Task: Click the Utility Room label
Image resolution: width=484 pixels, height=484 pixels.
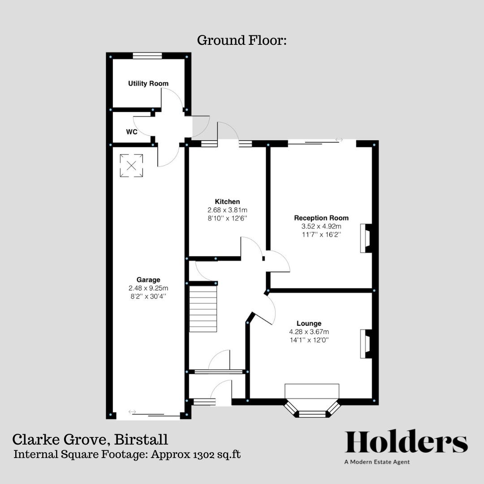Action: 148,83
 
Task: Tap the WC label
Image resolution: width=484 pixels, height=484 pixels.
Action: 131,132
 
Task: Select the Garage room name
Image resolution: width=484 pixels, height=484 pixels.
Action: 148,280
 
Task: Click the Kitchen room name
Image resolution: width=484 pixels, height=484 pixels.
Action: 227,202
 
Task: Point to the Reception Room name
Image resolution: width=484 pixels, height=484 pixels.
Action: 321,218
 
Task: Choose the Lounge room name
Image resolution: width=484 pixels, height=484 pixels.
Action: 309,323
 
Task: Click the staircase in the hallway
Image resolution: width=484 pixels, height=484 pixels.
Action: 203,309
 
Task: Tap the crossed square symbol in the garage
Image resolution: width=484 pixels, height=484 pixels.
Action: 131,165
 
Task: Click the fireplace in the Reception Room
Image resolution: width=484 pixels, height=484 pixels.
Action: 365,238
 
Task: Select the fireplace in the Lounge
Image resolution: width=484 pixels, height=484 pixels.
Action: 365,344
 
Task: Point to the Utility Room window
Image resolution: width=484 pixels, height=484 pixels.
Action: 147,56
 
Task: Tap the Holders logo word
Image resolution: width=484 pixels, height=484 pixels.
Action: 406,442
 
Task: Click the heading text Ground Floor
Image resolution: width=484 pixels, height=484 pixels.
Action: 242,40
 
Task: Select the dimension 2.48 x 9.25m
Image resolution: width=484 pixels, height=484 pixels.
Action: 148,288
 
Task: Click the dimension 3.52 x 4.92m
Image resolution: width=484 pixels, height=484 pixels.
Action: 321,226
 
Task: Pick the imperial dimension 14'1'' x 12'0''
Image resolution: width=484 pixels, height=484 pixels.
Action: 309,340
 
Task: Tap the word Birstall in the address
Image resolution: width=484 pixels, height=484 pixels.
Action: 142,439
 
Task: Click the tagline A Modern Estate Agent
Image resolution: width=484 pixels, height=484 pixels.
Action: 377,462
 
